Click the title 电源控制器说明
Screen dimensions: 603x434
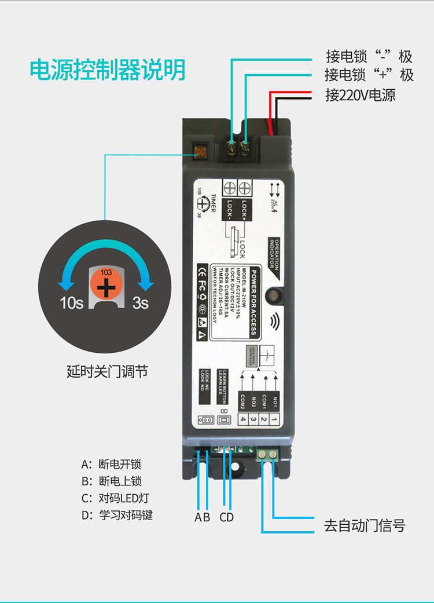tap(108, 70)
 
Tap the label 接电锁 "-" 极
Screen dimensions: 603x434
tap(369, 57)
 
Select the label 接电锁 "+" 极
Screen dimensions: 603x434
tap(369, 75)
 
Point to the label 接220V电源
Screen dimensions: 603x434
tap(360, 95)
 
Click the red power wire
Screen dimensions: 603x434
tap(270, 110)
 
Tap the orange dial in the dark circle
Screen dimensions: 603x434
tap(106, 286)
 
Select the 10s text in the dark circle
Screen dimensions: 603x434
tap(72, 303)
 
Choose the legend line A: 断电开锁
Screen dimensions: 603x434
tap(111, 464)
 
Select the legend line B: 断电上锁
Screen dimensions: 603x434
tap(111, 481)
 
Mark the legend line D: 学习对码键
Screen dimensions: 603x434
tap(117, 515)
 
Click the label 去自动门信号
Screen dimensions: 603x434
tap(365, 526)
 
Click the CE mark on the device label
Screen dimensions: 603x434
tap(202, 271)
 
